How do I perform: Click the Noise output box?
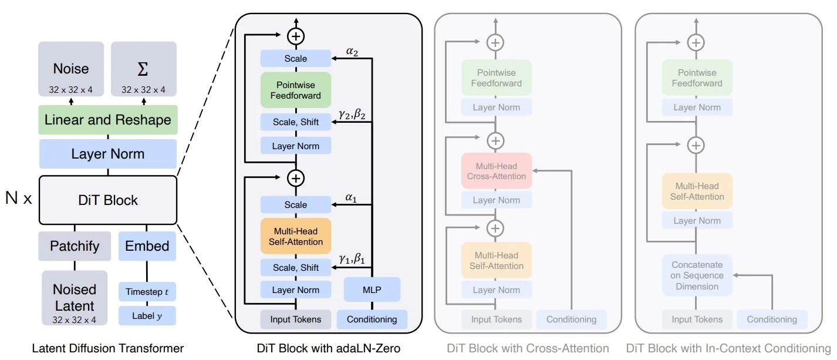[x=71, y=69]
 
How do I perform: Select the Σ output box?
[x=143, y=69]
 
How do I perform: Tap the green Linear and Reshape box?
[x=108, y=120]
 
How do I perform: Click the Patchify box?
[x=74, y=245]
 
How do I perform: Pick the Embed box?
[x=147, y=245]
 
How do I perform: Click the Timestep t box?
[x=147, y=291]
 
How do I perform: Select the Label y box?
[x=147, y=316]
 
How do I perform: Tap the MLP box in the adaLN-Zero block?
[x=372, y=290]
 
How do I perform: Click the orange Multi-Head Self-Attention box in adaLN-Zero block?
[x=296, y=236]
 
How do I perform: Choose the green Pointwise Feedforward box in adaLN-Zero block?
[x=296, y=90]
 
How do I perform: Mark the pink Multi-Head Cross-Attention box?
[x=497, y=171]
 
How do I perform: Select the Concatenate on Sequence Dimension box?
[x=697, y=275]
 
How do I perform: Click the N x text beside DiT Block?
[x=19, y=198]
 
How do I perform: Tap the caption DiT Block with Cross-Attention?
[x=528, y=348]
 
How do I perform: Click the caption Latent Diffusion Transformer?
[x=108, y=348]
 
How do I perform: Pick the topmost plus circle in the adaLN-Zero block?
[x=296, y=36]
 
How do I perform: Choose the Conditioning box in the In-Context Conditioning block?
[x=772, y=319]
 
